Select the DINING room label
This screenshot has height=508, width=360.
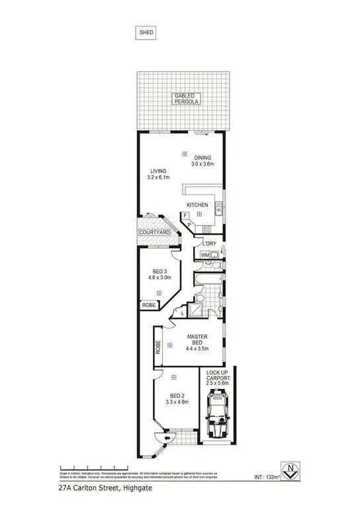click(202, 157)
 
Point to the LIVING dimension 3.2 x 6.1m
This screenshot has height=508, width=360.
click(159, 177)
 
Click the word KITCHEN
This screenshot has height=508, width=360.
click(197, 205)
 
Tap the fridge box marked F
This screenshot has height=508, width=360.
click(185, 216)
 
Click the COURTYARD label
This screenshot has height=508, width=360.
click(155, 233)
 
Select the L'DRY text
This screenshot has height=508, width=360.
click(210, 243)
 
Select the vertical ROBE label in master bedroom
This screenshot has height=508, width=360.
click(157, 347)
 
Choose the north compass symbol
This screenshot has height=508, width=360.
click(288, 467)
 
